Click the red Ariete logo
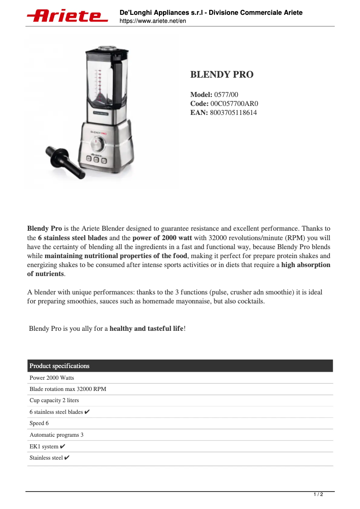67,16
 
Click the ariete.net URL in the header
153,21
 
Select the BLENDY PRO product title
222,75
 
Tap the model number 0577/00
226,95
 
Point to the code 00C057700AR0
234,104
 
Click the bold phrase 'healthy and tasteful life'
146,329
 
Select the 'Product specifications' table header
59,366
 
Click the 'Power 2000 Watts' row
52,377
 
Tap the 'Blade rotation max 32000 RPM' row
68,389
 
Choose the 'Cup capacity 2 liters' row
54,400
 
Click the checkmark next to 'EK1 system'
63,446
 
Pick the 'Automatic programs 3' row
57,435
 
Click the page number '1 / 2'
318,495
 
